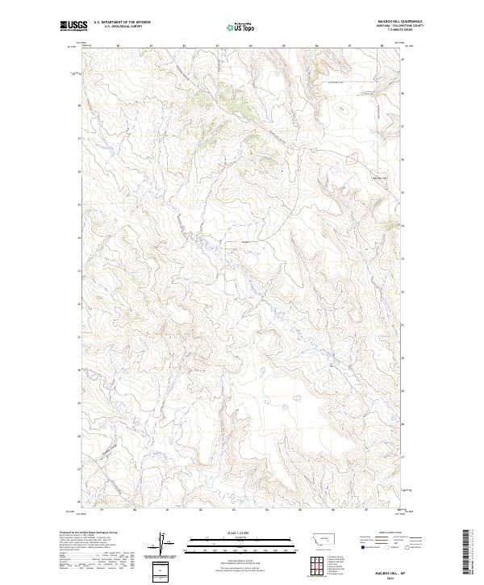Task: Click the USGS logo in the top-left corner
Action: coord(73,26)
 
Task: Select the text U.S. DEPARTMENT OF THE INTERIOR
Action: coord(123,23)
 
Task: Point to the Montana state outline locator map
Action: coord(315,537)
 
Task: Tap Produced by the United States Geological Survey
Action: coord(89,533)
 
